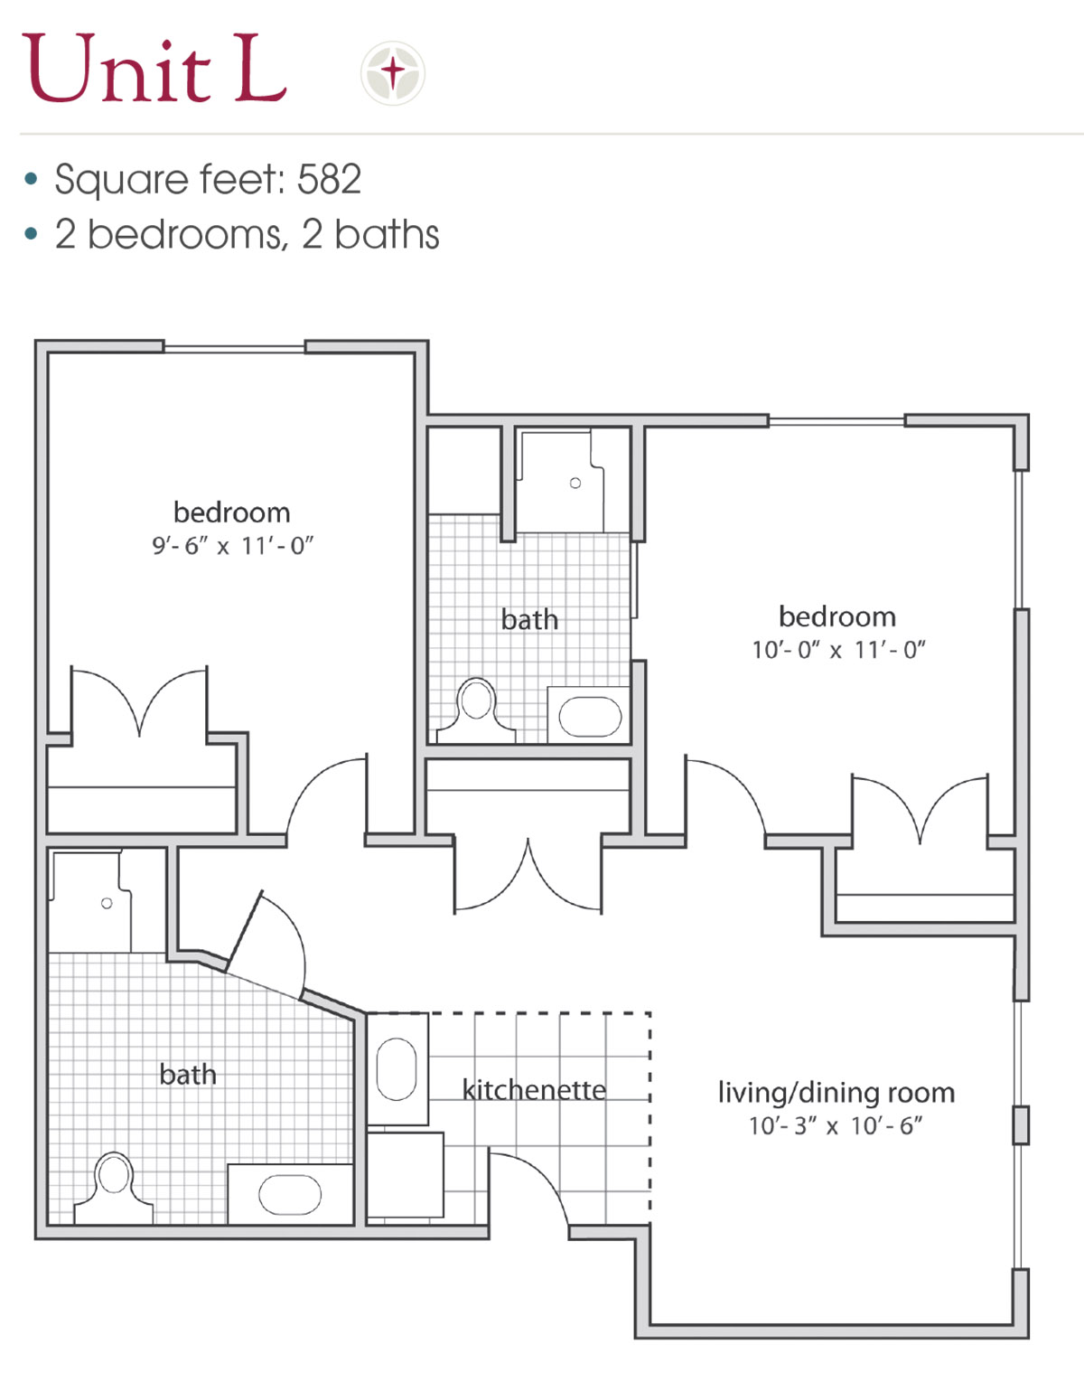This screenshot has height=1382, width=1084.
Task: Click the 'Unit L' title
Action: pyautogui.click(x=154, y=68)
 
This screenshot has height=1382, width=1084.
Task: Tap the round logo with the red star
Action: pyautogui.click(x=393, y=72)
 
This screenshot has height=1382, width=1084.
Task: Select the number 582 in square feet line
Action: pyautogui.click(x=329, y=179)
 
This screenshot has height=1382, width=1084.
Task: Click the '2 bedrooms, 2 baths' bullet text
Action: pyautogui.click(x=248, y=235)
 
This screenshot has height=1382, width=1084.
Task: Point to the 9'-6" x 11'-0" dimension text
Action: pyautogui.click(x=233, y=546)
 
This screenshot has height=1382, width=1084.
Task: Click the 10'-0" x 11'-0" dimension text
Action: pyautogui.click(x=838, y=650)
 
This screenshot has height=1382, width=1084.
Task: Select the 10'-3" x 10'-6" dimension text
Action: pyautogui.click(x=836, y=1126)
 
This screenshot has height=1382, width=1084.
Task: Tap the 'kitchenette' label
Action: pyautogui.click(x=534, y=1090)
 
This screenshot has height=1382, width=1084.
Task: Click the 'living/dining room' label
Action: pyautogui.click(x=836, y=1094)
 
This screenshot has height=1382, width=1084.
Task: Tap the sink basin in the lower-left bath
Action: pyautogui.click(x=290, y=1194)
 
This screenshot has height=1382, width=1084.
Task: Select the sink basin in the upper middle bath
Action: pyautogui.click(x=590, y=716)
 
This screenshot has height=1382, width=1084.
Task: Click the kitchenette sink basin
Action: pyautogui.click(x=397, y=1069)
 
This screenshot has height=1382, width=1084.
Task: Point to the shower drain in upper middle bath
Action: pyautogui.click(x=575, y=483)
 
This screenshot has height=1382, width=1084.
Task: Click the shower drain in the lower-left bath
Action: pyautogui.click(x=107, y=903)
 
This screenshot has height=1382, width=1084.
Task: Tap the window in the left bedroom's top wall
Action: pyautogui.click(x=235, y=349)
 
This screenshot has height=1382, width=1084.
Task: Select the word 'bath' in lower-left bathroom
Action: pyautogui.click(x=188, y=1074)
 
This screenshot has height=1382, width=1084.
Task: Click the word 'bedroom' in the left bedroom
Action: pyautogui.click(x=232, y=512)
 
